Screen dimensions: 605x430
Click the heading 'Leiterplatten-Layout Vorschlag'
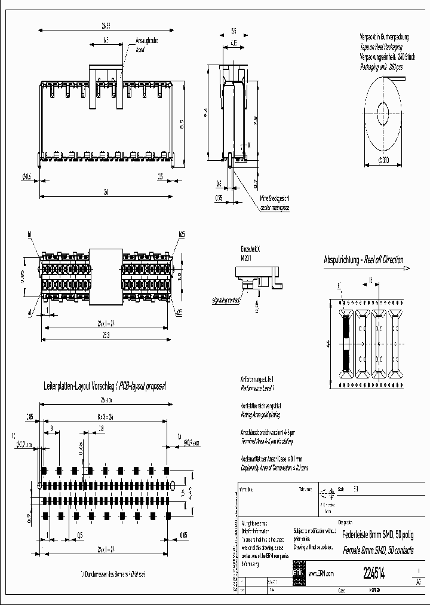79,387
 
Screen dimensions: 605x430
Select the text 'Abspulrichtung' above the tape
342,260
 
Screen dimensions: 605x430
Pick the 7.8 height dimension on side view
255,120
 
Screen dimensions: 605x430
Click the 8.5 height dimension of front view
182,123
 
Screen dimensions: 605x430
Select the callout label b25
181,234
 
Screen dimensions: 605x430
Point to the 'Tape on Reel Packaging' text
381,46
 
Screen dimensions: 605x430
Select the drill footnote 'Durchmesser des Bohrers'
113,574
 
